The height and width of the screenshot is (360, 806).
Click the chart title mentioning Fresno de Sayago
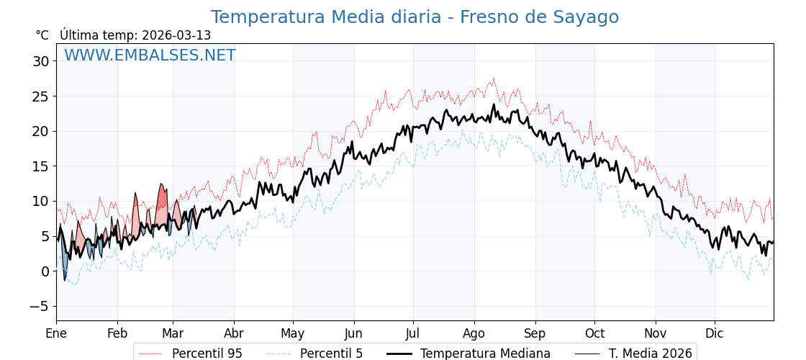(415, 17)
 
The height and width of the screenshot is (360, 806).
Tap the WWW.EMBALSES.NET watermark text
(150, 55)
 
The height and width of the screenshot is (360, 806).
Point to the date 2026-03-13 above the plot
(176, 35)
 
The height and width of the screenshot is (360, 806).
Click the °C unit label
(42, 35)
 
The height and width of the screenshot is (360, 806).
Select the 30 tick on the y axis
(41, 61)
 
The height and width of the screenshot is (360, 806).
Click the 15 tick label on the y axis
(41, 166)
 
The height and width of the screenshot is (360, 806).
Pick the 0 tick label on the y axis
(45, 271)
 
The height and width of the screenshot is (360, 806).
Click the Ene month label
(56, 333)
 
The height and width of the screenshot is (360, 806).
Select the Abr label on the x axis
(234, 333)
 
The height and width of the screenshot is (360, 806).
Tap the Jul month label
(413, 333)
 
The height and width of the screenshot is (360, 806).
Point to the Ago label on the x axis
(474, 333)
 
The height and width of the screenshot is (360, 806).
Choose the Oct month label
(594, 333)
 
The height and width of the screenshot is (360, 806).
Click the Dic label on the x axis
(715, 333)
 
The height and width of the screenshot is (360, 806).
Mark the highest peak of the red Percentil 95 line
(494, 78)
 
